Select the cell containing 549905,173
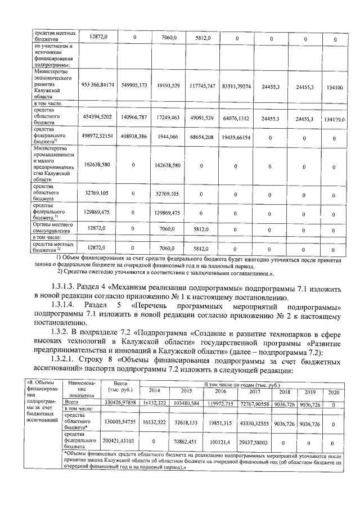pyautogui.click(x=134, y=85)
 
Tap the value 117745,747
pyautogui.click(x=201, y=86)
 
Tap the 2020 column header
pyautogui.click(x=333, y=392)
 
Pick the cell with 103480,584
pyautogui.click(x=187, y=403)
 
